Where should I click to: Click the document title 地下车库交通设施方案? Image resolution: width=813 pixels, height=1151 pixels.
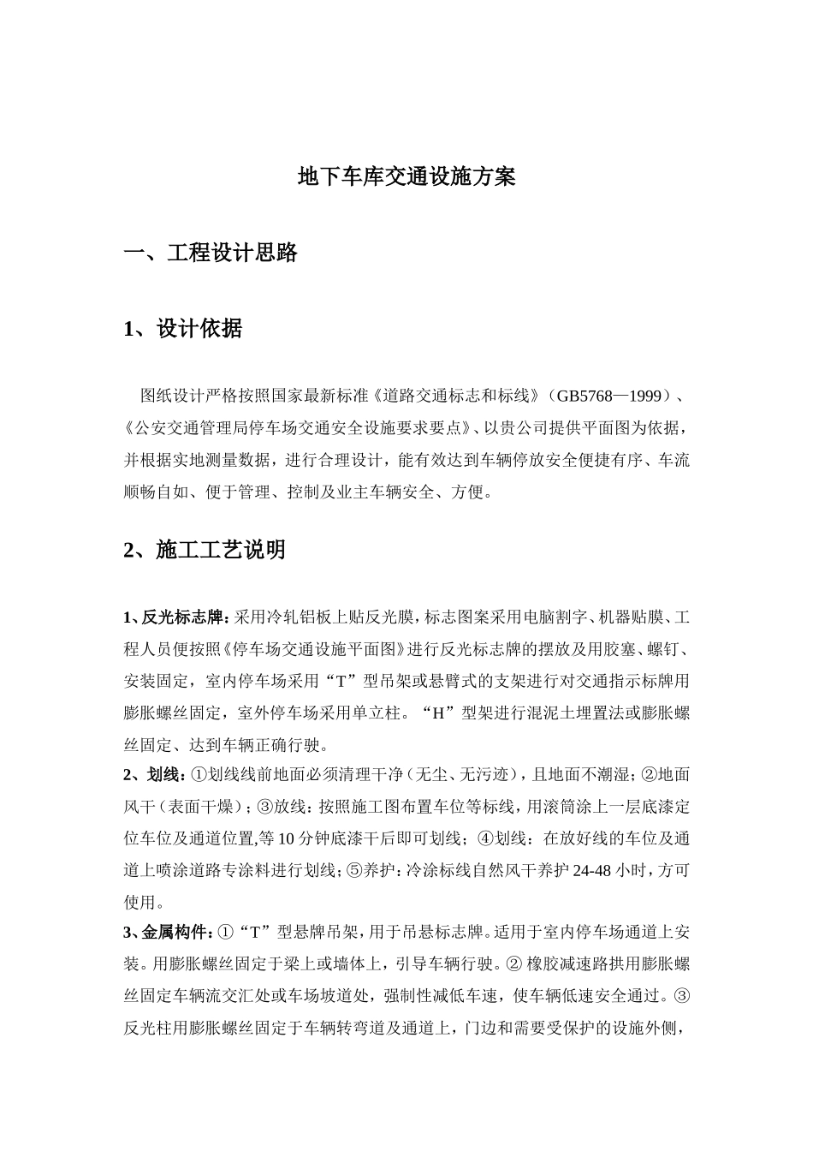406,177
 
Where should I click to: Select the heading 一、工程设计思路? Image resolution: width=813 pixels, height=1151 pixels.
211,253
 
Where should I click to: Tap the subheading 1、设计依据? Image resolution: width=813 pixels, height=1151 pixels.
182,328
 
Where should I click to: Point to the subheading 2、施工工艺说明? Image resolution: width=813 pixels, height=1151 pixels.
205,550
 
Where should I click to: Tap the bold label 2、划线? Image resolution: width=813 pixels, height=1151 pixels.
155,775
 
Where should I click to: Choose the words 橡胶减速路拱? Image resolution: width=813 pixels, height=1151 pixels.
569,964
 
